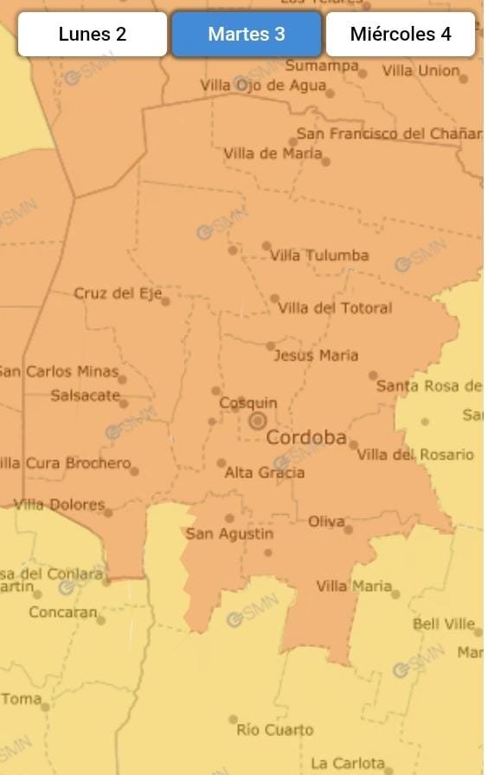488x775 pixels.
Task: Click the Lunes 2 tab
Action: coord(93,35)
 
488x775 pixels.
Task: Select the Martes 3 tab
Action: coord(247,35)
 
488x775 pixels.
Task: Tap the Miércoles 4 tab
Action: coord(401,35)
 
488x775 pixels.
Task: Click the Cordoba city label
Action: coord(306,438)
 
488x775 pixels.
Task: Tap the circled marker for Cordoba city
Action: coord(257,421)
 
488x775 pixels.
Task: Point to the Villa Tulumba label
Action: coord(319,255)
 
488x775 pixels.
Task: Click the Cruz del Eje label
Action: coord(118,293)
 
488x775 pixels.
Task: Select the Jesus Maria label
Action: coord(316,355)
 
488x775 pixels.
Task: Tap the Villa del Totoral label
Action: coord(335,308)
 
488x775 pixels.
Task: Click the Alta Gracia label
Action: coord(265,472)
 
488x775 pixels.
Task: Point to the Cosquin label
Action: coord(248,403)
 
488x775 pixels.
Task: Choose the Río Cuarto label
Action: coord(275,730)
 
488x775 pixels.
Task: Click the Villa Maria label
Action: coord(354,586)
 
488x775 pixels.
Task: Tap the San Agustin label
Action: coord(229,534)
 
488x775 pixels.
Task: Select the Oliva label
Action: coord(326,522)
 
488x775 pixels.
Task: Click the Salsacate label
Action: coord(85,395)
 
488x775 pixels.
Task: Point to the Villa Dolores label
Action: coord(60,504)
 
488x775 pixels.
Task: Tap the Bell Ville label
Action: coord(444,624)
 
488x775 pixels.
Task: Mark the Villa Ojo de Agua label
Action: coord(263,85)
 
